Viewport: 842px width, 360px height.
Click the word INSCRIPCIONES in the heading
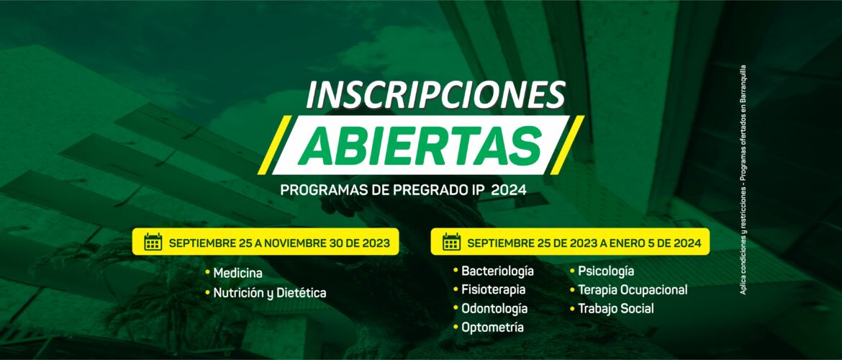(x=436, y=95)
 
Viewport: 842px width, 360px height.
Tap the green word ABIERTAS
(x=420, y=145)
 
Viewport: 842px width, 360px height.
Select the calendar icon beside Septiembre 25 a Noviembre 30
(x=153, y=242)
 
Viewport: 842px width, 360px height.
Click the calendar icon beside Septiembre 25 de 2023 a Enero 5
(x=452, y=242)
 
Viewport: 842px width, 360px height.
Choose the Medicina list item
(x=238, y=273)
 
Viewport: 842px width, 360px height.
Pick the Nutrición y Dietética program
(x=270, y=293)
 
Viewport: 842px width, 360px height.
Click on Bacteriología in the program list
(x=497, y=271)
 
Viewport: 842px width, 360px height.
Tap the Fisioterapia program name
(x=494, y=289)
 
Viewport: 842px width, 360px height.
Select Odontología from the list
(x=494, y=308)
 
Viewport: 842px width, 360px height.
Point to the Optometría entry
(x=492, y=327)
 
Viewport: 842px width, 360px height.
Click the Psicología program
(x=606, y=271)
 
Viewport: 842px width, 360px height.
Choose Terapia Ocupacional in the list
(x=633, y=289)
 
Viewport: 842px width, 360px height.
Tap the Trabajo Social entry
(x=616, y=308)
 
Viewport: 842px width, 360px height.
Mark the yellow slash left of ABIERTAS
(x=275, y=145)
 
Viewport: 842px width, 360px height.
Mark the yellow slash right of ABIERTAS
(x=566, y=145)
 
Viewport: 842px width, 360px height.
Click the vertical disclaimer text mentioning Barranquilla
(x=743, y=180)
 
